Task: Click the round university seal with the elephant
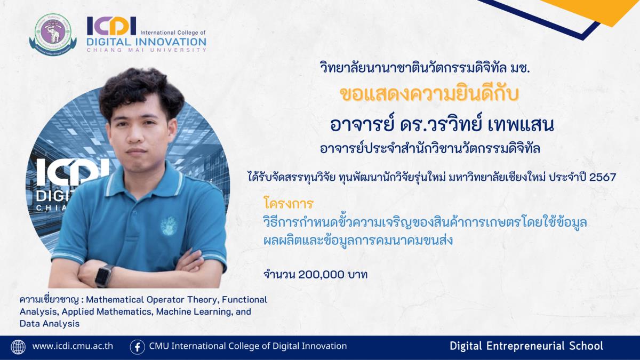point(53,35)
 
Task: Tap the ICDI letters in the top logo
point(111,26)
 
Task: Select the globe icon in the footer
point(18,347)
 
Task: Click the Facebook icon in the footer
point(137,347)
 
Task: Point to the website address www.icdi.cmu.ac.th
point(73,346)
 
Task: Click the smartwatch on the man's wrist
point(103,275)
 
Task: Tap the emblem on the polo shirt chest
point(169,226)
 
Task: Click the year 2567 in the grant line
point(603,178)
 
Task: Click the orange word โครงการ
point(289,204)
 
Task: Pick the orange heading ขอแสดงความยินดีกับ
point(429,94)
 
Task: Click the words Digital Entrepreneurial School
point(526,346)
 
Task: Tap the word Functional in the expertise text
point(245,299)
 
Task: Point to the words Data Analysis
point(50,323)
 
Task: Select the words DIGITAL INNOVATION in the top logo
point(146,42)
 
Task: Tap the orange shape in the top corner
point(597,10)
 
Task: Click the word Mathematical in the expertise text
point(115,299)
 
